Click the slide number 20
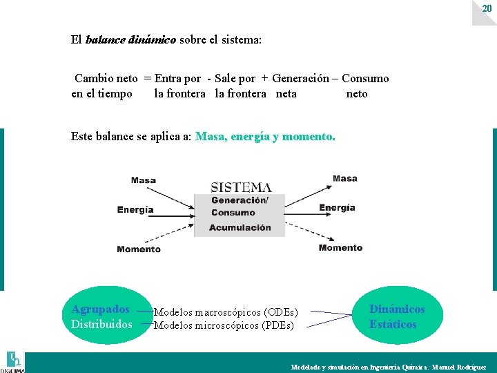[487, 8]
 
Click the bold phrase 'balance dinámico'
[130, 40]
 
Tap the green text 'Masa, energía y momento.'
[265, 137]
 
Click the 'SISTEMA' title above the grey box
[240, 187]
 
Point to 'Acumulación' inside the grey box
[240, 227]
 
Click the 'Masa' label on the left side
[144, 180]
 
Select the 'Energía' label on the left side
[135, 209]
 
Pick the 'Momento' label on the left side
[139, 249]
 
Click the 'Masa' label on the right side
[344, 178]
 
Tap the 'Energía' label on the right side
[337, 207]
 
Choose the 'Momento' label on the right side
[340, 247]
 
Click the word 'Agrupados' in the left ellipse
[101, 309]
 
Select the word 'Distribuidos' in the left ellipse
[101, 324]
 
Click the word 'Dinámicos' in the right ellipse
[397, 309]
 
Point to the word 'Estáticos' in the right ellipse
[393, 325]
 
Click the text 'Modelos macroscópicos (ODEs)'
[226, 313]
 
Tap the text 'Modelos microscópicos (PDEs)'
[224, 325]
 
